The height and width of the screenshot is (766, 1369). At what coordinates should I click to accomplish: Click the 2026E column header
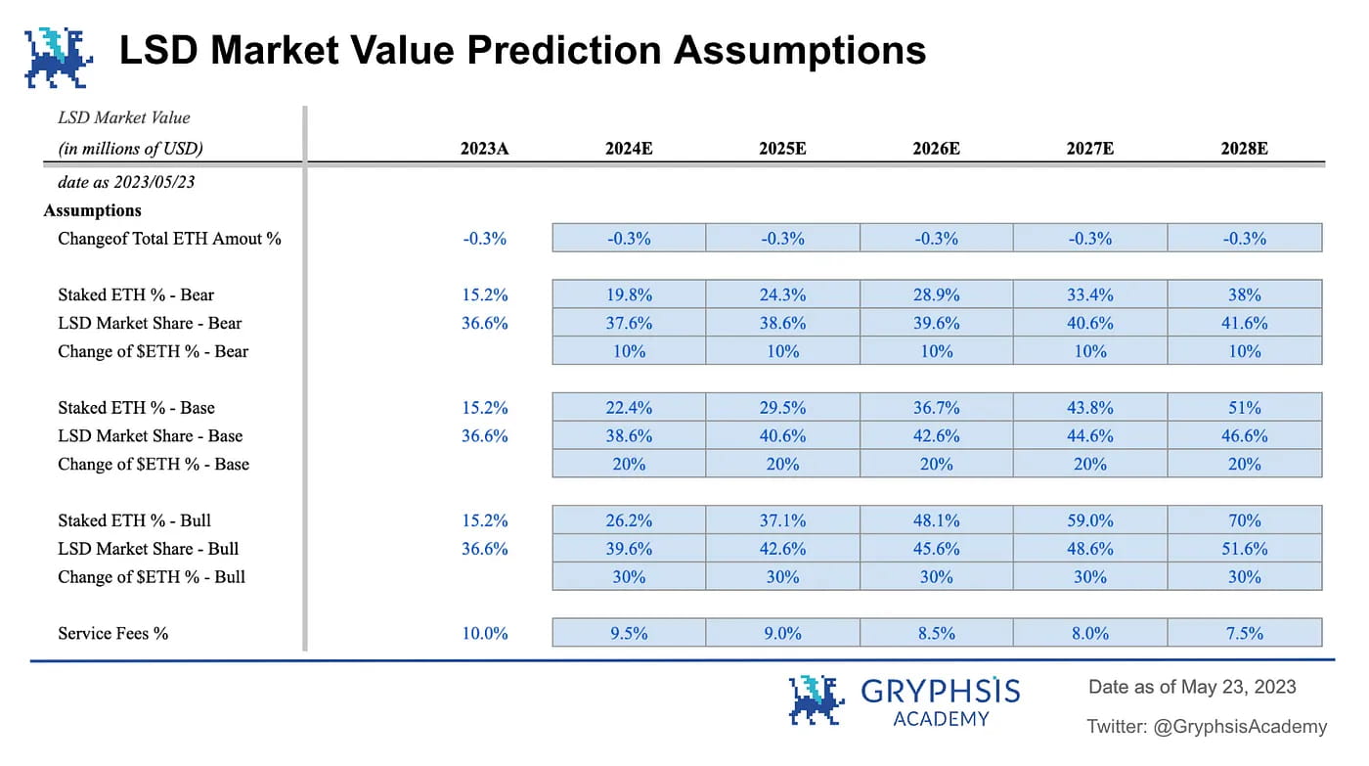(x=936, y=149)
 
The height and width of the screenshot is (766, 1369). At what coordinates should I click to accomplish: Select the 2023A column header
(x=484, y=149)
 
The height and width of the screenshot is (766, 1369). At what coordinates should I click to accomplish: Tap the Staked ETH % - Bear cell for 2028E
(x=1245, y=294)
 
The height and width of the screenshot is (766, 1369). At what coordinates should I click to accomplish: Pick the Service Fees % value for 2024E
(x=629, y=633)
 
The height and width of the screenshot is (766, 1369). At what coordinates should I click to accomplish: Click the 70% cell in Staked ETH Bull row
(x=1245, y=520)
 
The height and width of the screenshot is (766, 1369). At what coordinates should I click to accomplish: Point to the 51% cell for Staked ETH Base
(x=1245, y=408)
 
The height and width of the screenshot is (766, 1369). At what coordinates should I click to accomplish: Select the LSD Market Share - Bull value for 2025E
(x=783, y=549)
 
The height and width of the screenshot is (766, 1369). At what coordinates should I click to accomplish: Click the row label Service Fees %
(x=113, y=633)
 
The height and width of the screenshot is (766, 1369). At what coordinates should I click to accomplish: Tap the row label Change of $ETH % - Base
(x=154, y=464)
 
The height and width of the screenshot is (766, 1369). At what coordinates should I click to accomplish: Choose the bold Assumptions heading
(x=92, y=210)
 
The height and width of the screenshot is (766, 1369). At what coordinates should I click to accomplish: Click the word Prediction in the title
(x=563, y=50)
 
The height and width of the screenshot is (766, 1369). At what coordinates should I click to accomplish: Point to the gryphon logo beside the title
(x=59, y=58)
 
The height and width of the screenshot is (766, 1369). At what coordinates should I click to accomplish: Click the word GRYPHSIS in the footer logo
(x=941, y=691)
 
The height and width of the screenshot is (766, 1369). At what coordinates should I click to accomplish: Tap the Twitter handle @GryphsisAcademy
(x=1240, y=726)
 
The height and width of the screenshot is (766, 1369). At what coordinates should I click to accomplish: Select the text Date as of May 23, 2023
(x=1192, y=687)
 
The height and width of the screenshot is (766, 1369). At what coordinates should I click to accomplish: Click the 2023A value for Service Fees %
(x=485, y=633)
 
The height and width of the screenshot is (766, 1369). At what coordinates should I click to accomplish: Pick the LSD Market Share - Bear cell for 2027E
(x=1090, y=323)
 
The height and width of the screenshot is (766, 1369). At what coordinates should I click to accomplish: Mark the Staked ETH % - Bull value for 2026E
(x=937, y=520)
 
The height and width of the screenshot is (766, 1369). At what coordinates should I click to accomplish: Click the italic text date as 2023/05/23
(x=126, y=182)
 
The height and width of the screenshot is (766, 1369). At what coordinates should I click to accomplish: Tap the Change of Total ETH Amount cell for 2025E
(x=783, y=238)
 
